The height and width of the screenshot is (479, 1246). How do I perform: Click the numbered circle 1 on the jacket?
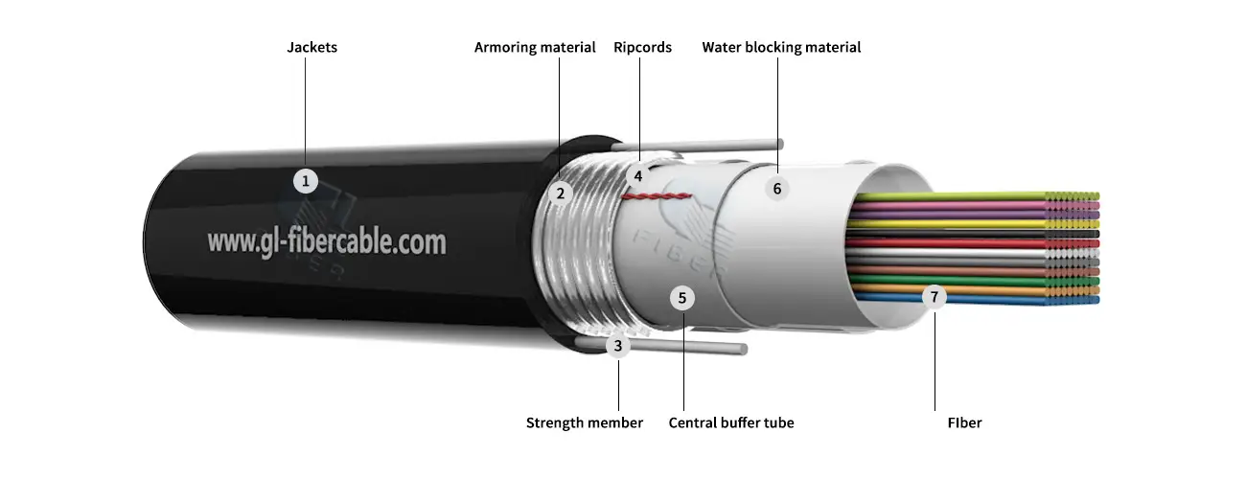click(x=305, y=180)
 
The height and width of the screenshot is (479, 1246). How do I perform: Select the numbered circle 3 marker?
click(x=618, y=345)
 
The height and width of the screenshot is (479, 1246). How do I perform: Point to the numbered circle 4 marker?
click(x=637, y=175)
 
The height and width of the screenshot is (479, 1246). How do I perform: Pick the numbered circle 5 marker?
click(x=682, y=298)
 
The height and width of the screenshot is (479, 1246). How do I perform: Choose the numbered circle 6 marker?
click(x=777, y=189)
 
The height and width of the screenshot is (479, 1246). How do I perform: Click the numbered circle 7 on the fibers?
click(x=934, y=297)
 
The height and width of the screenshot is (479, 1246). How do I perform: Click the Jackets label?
click(x=312, y=47)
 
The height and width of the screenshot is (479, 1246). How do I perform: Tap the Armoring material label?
click(x=535, y=47)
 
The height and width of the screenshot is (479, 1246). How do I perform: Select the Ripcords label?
click(x=642, y=47)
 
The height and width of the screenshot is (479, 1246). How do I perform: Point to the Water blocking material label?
click(x=781, y=47)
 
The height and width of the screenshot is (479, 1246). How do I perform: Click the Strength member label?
click(x=585, y=422)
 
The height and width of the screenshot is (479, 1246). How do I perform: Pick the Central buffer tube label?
click(x=731, y=422)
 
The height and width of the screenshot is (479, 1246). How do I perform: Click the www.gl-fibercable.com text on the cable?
click(x=327, y=240)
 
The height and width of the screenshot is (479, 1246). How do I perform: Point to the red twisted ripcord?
click(x=657, y=196)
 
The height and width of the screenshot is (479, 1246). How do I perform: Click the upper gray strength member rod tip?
click(x=780, y=144)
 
